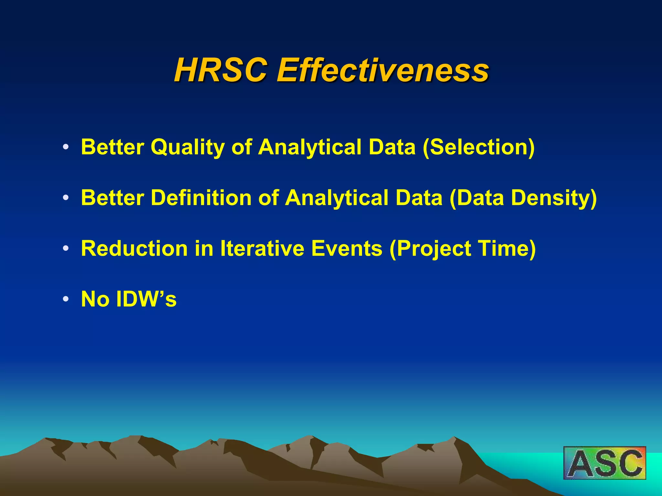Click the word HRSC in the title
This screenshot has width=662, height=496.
click(221, 70)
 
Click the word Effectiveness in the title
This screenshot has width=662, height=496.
click(383, 70)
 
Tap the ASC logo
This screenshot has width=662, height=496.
click(604, 463)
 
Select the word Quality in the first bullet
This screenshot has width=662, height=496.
click(187, 147)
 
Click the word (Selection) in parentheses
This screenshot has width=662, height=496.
click(479, 147)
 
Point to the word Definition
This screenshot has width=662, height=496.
click(201, 198)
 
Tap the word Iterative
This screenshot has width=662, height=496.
click(262, 248)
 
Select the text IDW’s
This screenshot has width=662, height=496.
click(146, 299)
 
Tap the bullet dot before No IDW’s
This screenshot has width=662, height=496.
click(66, 299)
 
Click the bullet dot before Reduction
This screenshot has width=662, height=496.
click(66, 249)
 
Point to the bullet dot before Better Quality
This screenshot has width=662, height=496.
click(66, 147)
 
